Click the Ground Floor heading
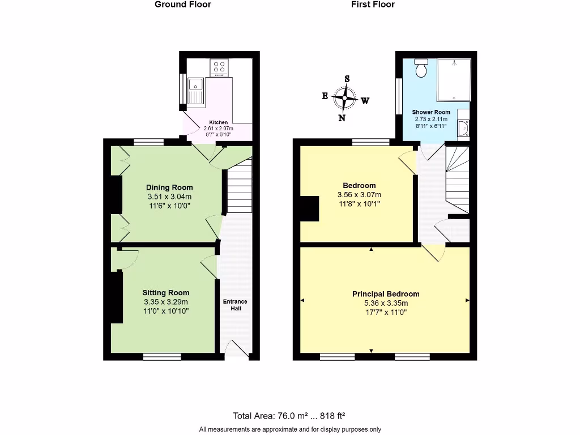pyautogui.click(x=182, y=5)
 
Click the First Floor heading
pyautogui.click(x=373, y=5)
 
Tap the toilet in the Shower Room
pyautogui.click(x=421, y=67)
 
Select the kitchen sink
pyautogui.click(x=196, y=91)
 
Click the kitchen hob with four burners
pyautogui.click(x=219, y=68)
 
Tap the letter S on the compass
pyautogui.click(x=347, y=79)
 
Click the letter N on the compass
pyautogui.click(x=342, y=118)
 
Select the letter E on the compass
pyautogui.click(x=325, y=96)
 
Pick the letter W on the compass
pyautogui.click(x=365, y=101)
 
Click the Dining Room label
pyautogui.click(x=169, y=187)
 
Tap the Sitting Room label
pyautogui.click(x=165, y=293)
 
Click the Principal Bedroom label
pyautogui.click(x=386, y=294)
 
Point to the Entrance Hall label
pyautogui.click(x=234, y=305)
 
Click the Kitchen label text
pyautogui.click(x=219, y=122)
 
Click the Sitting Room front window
pyautogui.click(x=162, y=357)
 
